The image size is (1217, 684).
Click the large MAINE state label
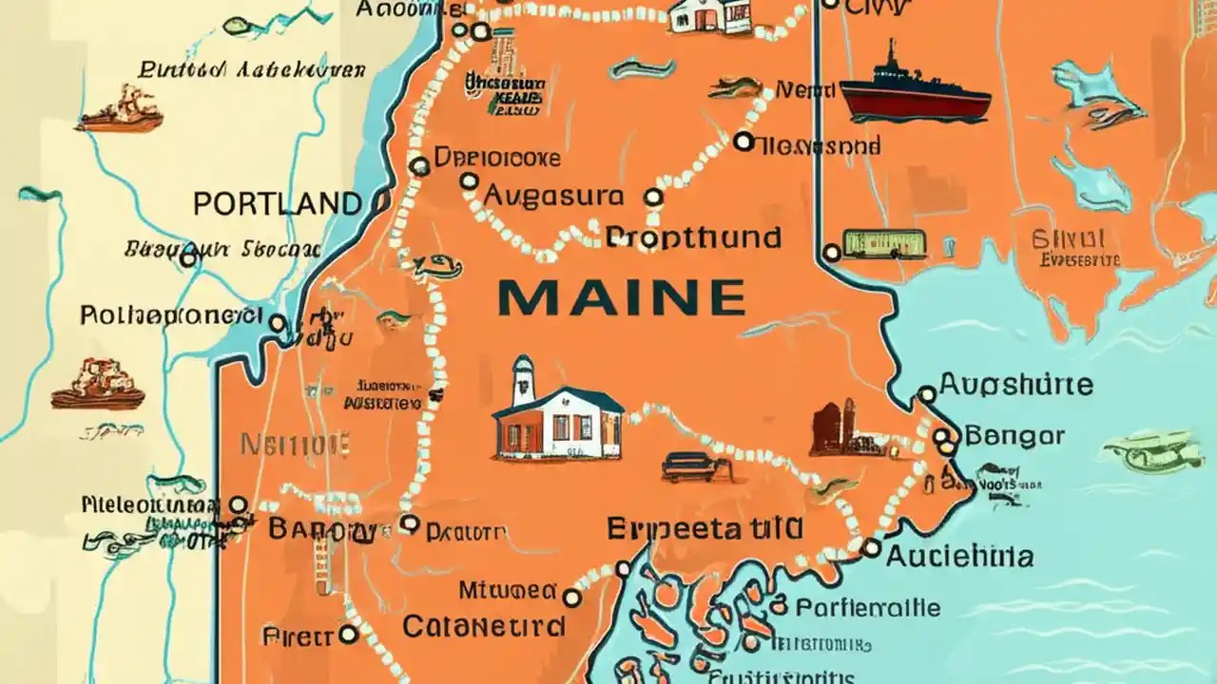click(x=621, y=298)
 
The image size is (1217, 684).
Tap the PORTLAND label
click(x=277, y=203)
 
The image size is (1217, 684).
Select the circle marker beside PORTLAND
click(x=382, y=202)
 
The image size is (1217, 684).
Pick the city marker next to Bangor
click(x=942, y=437)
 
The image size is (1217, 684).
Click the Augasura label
click(x=554, y=197)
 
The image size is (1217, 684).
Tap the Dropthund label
click(x=694, y=237)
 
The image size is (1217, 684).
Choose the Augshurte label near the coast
click(x=1015, y=386)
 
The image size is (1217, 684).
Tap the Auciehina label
click(x=959, y=556)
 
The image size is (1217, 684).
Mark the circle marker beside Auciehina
click(x=870, y=547)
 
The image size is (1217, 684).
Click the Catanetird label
click(x=484, y=627)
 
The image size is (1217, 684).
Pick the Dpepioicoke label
click(x=496, y=158)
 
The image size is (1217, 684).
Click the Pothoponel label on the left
click(x=171, y=314)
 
